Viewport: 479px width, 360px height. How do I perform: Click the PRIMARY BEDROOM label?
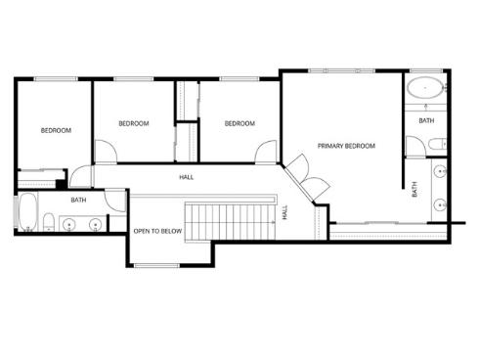point(346,146)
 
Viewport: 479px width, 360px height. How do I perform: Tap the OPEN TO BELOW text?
point(157,231)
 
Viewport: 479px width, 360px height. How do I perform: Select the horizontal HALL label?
point(186,177)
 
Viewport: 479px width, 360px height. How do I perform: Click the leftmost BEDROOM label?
point(55,130)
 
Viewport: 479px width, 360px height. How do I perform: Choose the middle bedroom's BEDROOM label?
point(133,123)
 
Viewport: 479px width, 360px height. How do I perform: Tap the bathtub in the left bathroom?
point(26,212)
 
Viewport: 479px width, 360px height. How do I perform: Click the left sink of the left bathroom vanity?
point(70,225)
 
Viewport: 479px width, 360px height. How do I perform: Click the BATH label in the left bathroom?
point(78,201)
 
